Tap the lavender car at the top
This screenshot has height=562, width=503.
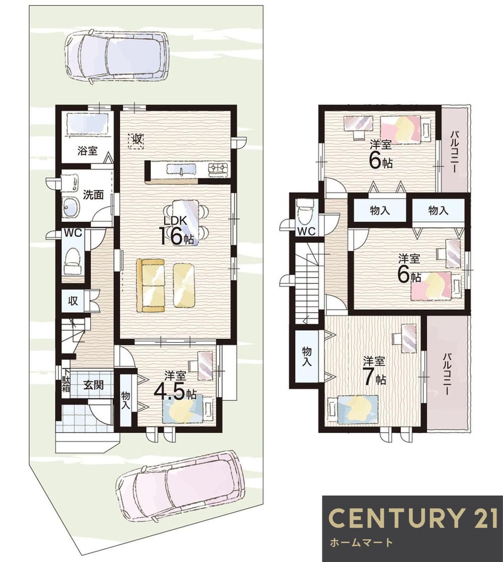click(116, 56)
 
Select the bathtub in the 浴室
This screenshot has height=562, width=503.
click(87, 124)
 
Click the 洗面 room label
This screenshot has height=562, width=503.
click(93, 194)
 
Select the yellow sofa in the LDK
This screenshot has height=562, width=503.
click(151, 286)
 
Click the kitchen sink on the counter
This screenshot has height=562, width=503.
click(181, 170)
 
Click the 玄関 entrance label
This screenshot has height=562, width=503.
click(94, 385)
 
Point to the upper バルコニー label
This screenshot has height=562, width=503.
click(455, 151)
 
